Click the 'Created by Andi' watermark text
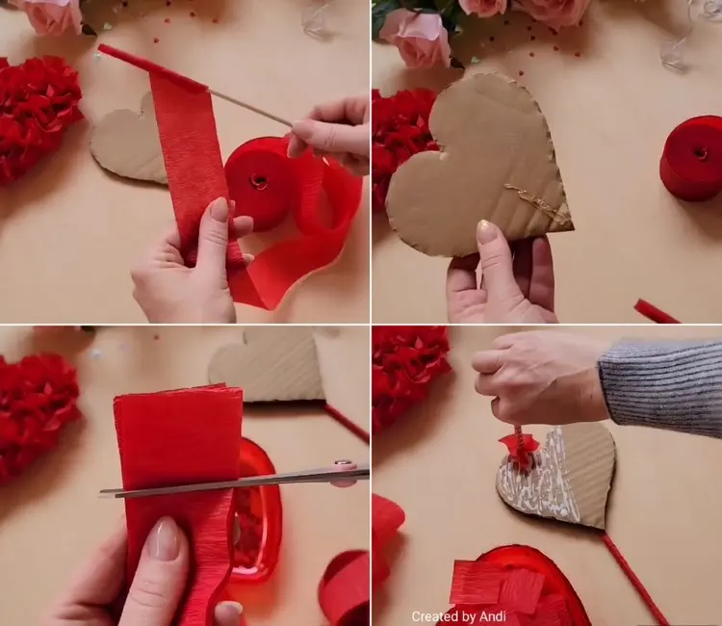click(458, 615)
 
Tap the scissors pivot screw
click(342, 462)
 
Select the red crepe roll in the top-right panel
click(691, 159)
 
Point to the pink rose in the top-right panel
click(417, 38)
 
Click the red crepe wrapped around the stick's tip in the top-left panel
click(151, 67)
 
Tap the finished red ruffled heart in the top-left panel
click(39, 117)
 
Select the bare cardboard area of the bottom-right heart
click(593, 475)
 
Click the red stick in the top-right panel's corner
click(657, 311)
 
